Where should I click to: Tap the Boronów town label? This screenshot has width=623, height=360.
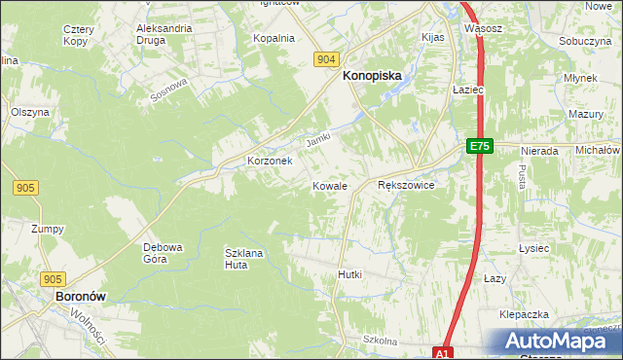[x=80, y=295]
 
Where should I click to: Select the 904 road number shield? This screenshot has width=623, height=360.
[x=327, y=59]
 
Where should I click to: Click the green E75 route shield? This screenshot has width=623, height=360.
[x=478, y=146]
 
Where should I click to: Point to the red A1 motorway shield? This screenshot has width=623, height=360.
[x=444, y=353]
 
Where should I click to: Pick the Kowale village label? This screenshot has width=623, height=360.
[x=330, y=185]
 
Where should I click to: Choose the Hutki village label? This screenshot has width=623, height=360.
[x=349, y=274]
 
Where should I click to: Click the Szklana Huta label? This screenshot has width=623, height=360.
[x=244, y=258]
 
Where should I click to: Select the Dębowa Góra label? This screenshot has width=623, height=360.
[x=164, y=253]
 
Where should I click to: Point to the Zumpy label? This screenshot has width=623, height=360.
[x=47, y=229]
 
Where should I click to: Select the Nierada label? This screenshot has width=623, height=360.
[x=538, y=151]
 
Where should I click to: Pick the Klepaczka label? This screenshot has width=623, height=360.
[x=525, y=315]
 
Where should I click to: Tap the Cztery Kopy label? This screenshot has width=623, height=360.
[x=77, y=36]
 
